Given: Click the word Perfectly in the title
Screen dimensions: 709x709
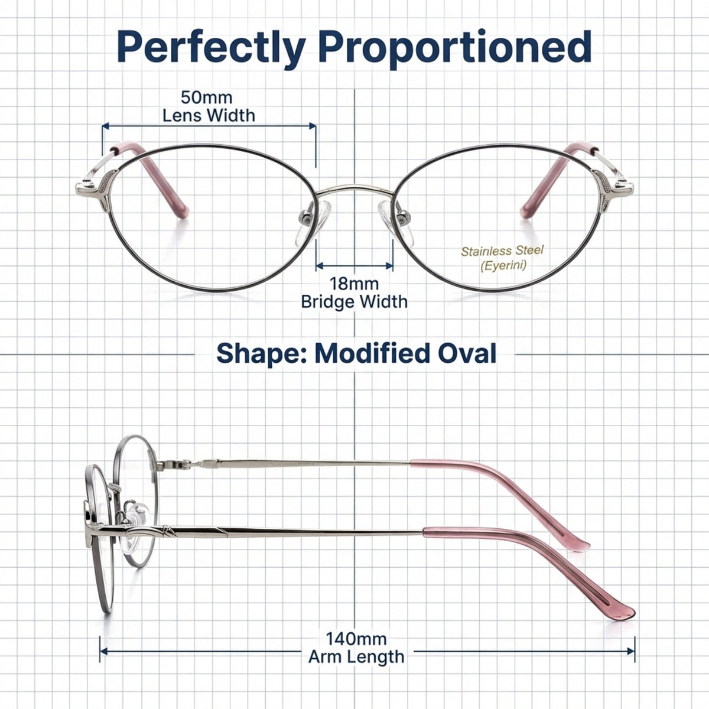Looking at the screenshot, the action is (211, 48).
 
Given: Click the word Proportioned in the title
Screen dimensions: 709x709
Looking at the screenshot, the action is (457, 48).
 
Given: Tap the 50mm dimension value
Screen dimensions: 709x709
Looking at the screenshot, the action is (206, 97).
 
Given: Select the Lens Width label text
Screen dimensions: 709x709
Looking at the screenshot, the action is (209, 116).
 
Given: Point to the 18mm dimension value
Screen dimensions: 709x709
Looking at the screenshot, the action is (353, 284).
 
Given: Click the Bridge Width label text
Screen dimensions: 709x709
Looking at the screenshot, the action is (354, 302).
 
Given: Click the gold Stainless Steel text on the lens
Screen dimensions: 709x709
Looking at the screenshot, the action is (502, 251).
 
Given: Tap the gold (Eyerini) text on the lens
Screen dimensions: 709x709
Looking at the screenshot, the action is (503, 265).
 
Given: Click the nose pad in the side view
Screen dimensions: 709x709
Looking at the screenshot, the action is (135, 522).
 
